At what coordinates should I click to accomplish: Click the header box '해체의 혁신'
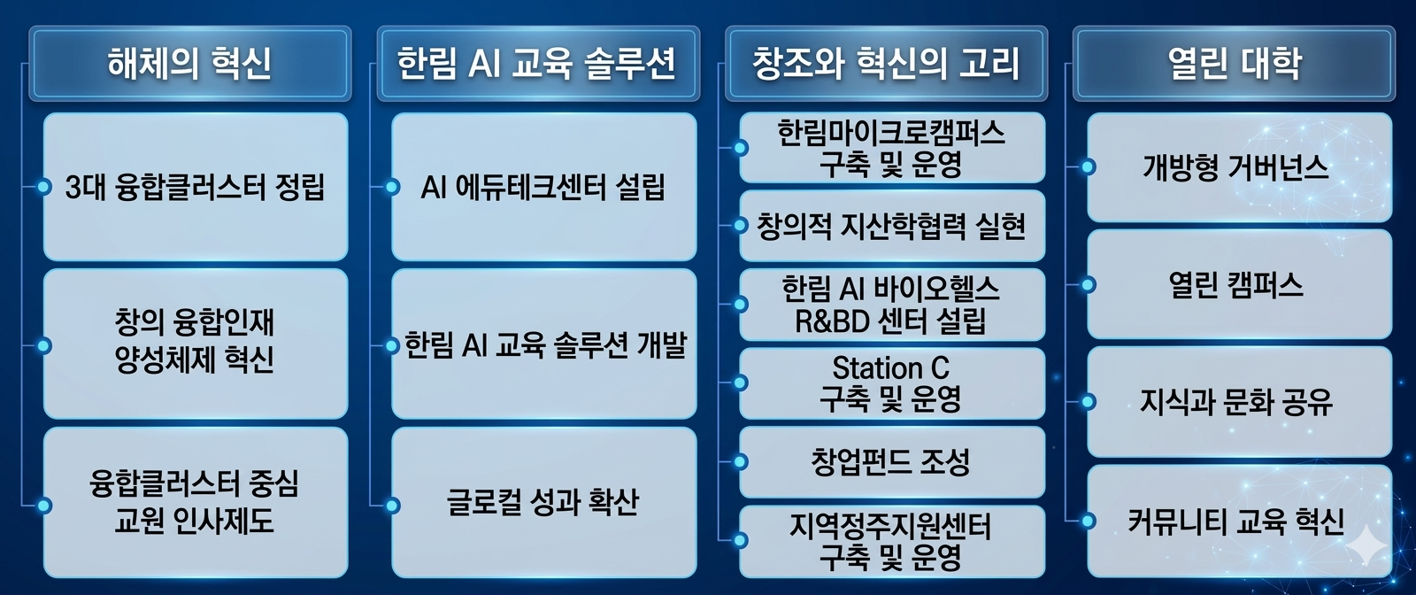[189, 63]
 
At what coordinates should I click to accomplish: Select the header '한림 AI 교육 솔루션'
[538, 63]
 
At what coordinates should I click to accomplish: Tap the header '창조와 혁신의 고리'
[886, 63]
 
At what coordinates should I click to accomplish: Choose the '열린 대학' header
[1234, 63]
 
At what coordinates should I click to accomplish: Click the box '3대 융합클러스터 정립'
[196, 187]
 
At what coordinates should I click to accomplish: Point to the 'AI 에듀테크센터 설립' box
[543, 187]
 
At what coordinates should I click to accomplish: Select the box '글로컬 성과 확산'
[543, 503]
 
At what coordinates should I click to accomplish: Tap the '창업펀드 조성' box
[891, 461]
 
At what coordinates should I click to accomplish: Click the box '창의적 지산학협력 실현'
[891, 226]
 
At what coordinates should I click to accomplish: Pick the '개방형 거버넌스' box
[1239, 167]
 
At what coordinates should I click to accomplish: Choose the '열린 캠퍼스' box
[1239, 284]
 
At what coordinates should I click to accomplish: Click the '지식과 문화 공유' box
[1239, 401]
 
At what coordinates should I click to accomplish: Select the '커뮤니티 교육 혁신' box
[1239, 521]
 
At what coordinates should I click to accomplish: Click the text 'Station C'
[890, 367]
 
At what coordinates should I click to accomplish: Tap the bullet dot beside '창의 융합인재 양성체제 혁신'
[43, 346]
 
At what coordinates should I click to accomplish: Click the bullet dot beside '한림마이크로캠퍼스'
[740, 148]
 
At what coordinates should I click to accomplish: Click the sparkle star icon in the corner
[1366, 545]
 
